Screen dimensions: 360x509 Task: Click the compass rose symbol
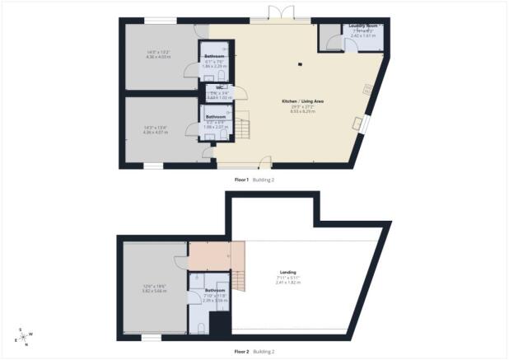point(22,335)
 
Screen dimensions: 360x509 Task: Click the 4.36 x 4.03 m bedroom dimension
point(156,56)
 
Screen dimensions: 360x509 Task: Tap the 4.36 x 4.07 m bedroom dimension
point(156,132)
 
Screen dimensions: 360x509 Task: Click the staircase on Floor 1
point(244,127)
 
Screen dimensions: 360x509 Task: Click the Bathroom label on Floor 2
point(215,290)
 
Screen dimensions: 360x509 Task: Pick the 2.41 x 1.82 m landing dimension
point(287,283)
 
